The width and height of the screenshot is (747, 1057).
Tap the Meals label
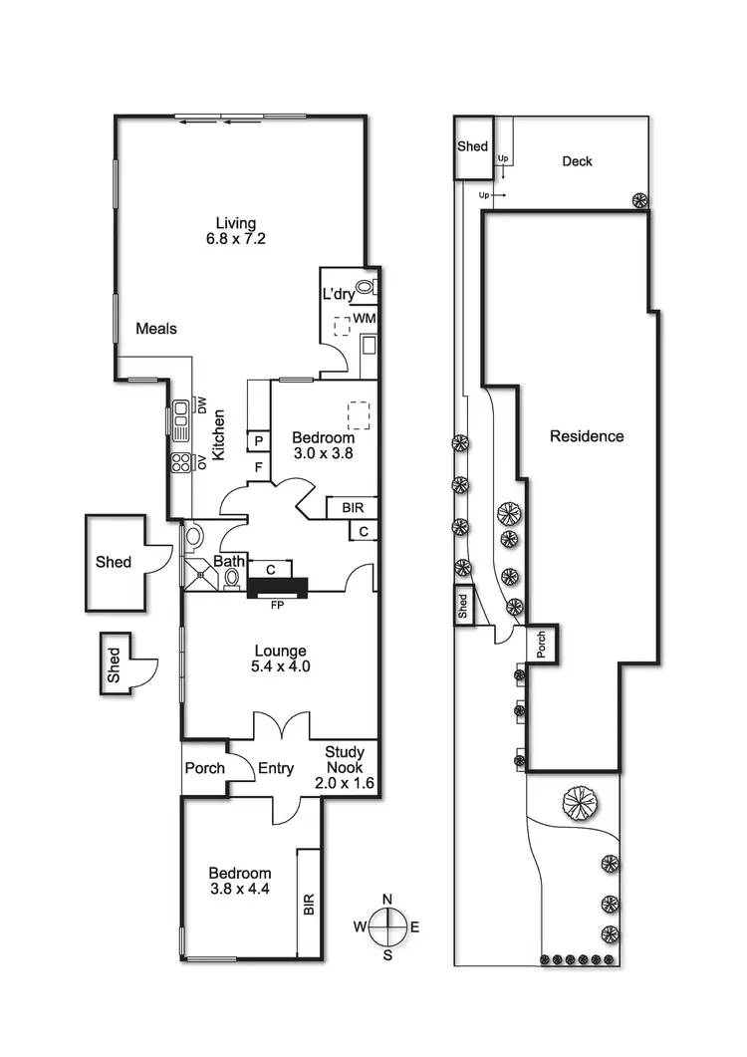point(156,328)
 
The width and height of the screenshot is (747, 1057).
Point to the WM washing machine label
point(364,317)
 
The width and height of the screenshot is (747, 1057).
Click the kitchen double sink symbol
point(181,420)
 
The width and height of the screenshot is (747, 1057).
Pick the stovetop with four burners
point(181,462)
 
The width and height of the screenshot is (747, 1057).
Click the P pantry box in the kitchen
point(257,441)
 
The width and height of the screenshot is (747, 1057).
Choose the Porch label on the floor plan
point(204,769)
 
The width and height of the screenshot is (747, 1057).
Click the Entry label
point(275,768)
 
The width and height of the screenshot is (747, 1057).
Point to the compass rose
point(387,926)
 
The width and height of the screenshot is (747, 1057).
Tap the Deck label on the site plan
point(577,161)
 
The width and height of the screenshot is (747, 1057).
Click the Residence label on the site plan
point(588,436)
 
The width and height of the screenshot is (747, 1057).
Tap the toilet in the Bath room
point(231,577)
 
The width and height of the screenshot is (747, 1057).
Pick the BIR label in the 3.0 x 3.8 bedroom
point(353,508)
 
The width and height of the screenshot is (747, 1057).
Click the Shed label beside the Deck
point(473,146)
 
